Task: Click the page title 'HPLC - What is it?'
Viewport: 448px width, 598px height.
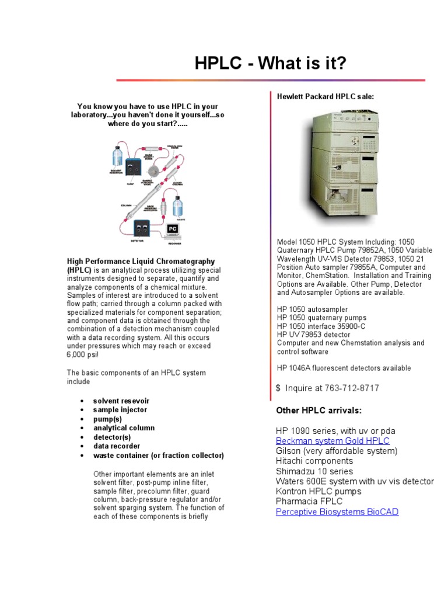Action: click(x=270, y=64)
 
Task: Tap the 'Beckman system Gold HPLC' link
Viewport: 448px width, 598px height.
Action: click(x=332, y=441)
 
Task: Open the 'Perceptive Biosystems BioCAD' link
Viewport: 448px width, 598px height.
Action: click(x=337, y=512)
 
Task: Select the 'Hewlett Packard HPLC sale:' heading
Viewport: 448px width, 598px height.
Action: click(x=325, y=96)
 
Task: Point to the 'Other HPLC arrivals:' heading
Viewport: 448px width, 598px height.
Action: click(x=318, y=410)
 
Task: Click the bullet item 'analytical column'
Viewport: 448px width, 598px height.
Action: click(x=124, y=428)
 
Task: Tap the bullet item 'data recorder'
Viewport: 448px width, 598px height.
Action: click(x=117, y=446)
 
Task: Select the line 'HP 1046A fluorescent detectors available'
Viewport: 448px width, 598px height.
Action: click(x=344, y=368)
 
